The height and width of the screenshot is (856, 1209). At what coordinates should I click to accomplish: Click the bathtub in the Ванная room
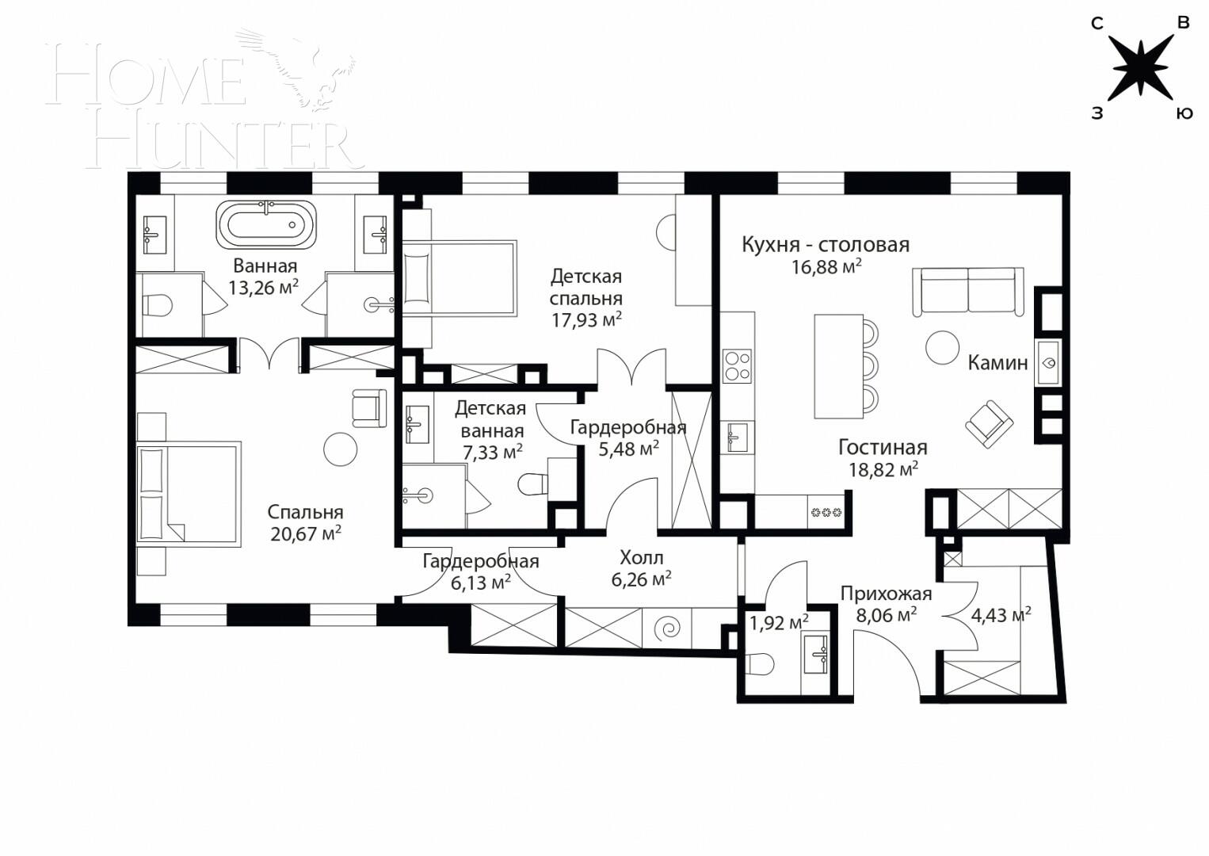coord(266,224)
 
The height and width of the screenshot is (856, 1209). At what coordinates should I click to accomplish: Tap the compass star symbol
coord(1141,68)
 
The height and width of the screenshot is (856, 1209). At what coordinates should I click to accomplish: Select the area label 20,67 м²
coord(305,533)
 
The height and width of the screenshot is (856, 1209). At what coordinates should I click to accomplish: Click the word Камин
coord(997,362)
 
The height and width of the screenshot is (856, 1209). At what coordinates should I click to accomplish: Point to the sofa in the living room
coord(967,292)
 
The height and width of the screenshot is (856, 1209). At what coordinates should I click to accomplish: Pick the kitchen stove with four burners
coord(737,367)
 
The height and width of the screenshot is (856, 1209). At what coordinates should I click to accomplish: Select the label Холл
coord(641,557)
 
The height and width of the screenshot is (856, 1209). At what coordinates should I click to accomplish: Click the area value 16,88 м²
coord(826,267)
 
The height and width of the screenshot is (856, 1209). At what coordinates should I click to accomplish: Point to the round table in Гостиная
coord(943,346)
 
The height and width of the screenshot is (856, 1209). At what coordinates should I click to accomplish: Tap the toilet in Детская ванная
coord(533,483)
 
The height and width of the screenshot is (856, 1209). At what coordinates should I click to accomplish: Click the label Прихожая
coord(886,593)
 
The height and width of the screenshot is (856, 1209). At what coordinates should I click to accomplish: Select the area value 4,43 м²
coord(1001,614)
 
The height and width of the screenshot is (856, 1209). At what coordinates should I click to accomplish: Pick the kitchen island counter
coord(838,365)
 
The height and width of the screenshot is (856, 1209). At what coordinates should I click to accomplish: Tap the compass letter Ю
coord(1183,113)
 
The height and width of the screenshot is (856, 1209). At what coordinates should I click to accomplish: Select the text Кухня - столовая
coord(825,244)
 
